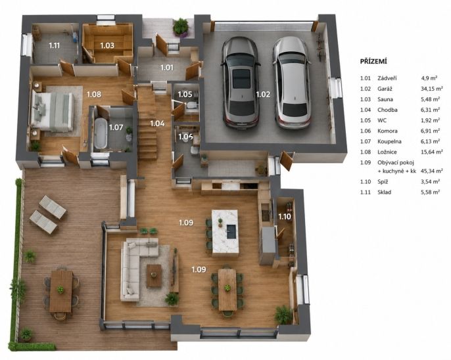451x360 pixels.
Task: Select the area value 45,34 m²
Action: click(x=431, y=171)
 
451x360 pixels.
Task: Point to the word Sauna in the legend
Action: click(x=385, y=99)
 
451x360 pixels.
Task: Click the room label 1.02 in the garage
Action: click(x=263, y=94)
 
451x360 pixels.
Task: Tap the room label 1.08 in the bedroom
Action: click(x=94, y=94)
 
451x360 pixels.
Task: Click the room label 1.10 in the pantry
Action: click(x=285, y=216)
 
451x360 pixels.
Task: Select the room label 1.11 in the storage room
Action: click(x=54, y=45)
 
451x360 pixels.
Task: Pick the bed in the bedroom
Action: click(x=52, y=111)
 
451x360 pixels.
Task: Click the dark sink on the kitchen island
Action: click(x=231, y=232)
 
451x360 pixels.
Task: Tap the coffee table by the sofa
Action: click(x=154, y=276)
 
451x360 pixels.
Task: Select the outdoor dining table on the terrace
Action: click(x=61, y=291)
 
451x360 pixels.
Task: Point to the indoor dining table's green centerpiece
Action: click(x=227, y=288)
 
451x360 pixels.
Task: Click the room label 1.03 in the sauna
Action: click(x=107, y=45)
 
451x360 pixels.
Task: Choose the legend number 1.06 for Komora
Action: click(x=366, y=131)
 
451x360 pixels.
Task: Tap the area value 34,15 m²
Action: click(x=431, y=89)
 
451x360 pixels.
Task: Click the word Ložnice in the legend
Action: click(x=387, y=152)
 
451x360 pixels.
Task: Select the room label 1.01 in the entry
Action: click(x=167, y=68)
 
